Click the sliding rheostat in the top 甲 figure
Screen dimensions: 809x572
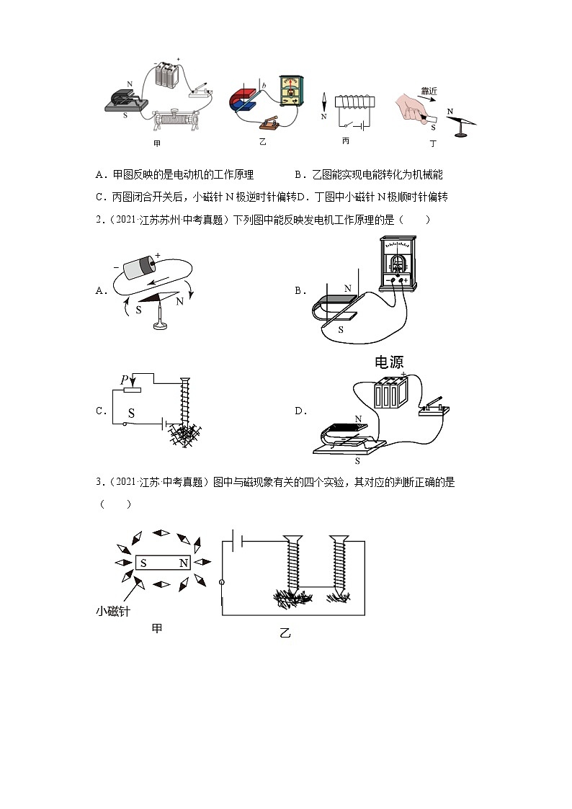pos(172,117)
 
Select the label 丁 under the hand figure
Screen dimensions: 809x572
pos(433,144)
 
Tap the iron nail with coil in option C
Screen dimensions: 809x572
pos(185,407)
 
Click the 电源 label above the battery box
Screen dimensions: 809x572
pos(389,362)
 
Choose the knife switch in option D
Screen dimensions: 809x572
pos(434,406)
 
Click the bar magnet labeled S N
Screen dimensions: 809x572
pos(164,563)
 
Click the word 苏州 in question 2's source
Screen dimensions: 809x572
pos(165,220)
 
